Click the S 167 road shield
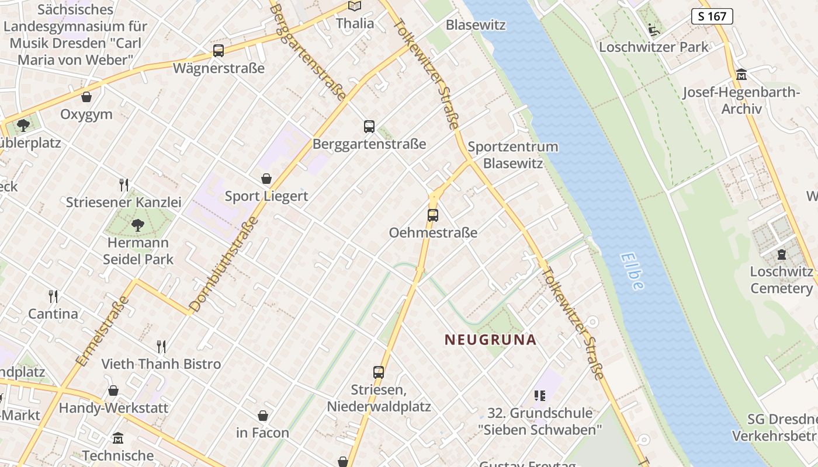coord(712,16)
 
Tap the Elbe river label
coord(632,271)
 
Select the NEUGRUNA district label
coord(490,340)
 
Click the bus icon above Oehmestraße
coord(432,215)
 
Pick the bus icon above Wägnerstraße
coord(219,51)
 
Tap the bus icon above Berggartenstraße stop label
coord(369,126)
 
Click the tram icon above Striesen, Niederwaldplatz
coord(379,372)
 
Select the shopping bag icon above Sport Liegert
coord(266,178)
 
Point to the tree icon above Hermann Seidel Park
coord(138,225)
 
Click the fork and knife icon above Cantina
coord(53,296)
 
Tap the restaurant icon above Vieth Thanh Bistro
coord(161,347)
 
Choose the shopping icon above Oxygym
coord(86,97)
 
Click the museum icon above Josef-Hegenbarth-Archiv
coord(741,75)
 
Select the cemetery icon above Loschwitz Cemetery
coord(781,255)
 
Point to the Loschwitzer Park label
coord(653,47)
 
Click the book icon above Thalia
coord(355,6)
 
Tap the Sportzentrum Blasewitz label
coord(513,155)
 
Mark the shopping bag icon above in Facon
coord(263,416)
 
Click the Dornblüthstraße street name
coord(224,264)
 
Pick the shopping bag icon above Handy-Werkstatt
coord(113,391)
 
